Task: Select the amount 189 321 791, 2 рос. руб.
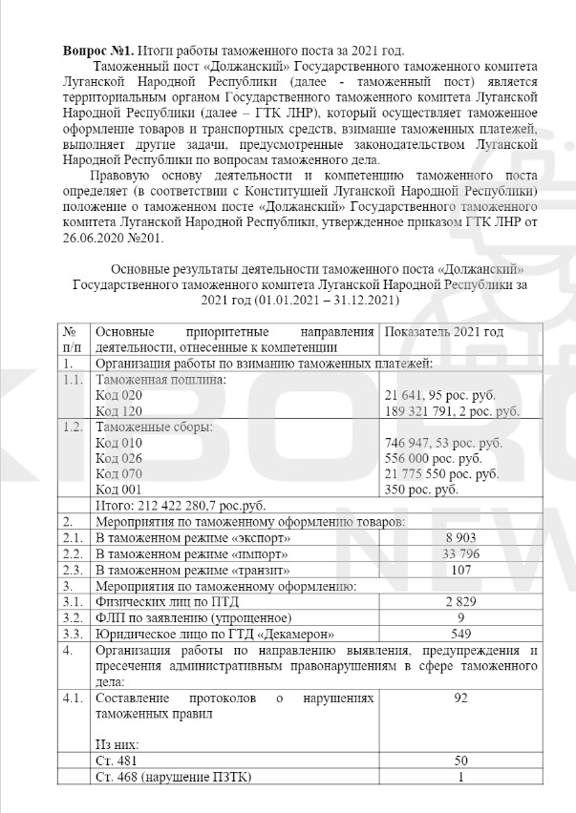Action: [x=452, y=411]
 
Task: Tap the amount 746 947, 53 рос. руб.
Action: [x=442, y=444]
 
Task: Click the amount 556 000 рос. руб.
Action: [x=434, y=459]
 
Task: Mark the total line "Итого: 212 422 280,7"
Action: [x=181, y=507]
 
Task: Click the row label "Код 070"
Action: [x=119, y=475]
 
